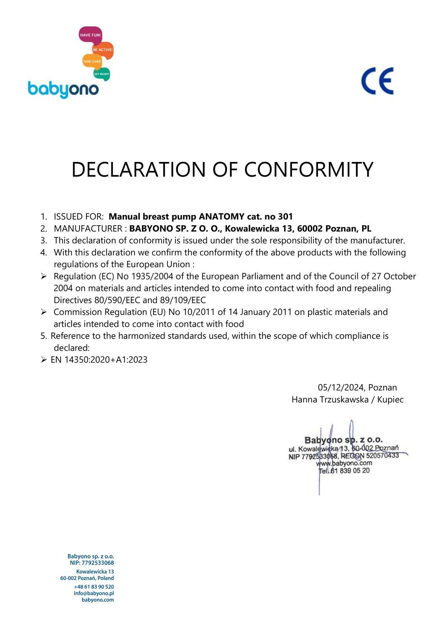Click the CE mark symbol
pos(377,81)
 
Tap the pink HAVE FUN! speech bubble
pos(90,35)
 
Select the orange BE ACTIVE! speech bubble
pos(103,50)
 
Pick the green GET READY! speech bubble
pos(102,74)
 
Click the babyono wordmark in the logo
pos(63,90)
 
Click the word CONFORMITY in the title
pos(308,170)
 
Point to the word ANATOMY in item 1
pos(222,217)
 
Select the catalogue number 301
pos(285,217)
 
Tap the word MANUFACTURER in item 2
pos(88,229)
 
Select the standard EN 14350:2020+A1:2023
pos(99,360)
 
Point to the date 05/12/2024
pos(341,388)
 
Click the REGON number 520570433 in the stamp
pos(382,456)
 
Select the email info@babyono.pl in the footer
pos(94,593)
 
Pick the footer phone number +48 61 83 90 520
pos(94,587)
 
